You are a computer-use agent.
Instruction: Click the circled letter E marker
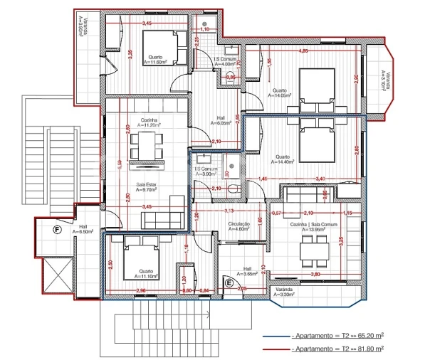tap(229, 282)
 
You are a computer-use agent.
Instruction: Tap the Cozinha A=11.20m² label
tap(149, 122)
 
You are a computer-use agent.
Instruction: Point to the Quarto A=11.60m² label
tap(156, 60)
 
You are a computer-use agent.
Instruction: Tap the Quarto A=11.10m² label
tap(147, 272)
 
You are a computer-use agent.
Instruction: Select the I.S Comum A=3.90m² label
tap(206, 171)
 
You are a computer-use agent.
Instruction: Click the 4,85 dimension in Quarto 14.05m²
tap(303, 51)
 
